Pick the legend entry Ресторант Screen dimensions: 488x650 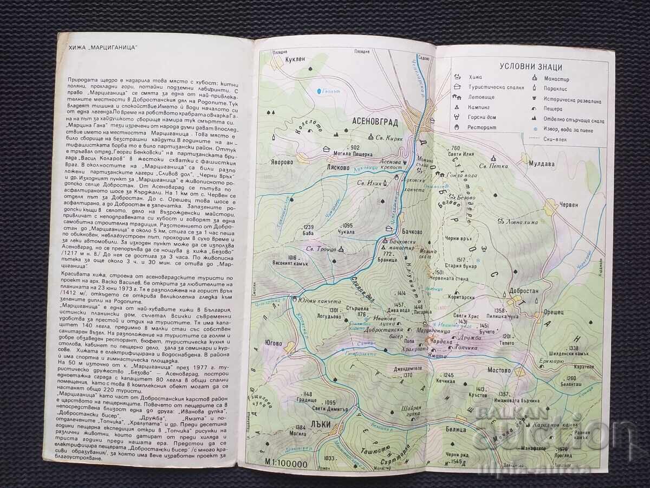point(482,128)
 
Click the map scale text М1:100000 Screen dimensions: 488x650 point(286,464)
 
